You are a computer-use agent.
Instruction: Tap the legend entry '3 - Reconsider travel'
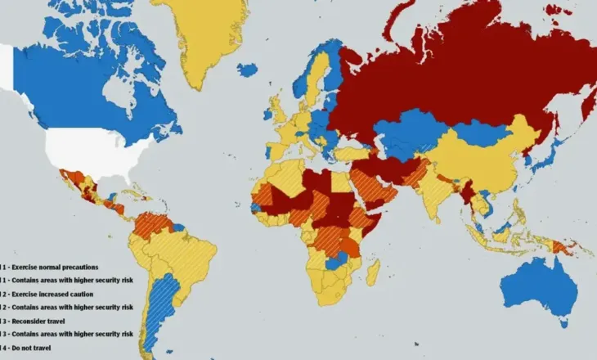(x=40, y=321)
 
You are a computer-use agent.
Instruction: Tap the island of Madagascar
(x=373, y=271)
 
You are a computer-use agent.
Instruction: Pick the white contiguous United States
(x=94, y=151)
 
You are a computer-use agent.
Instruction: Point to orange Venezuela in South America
(x=152, y=221)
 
